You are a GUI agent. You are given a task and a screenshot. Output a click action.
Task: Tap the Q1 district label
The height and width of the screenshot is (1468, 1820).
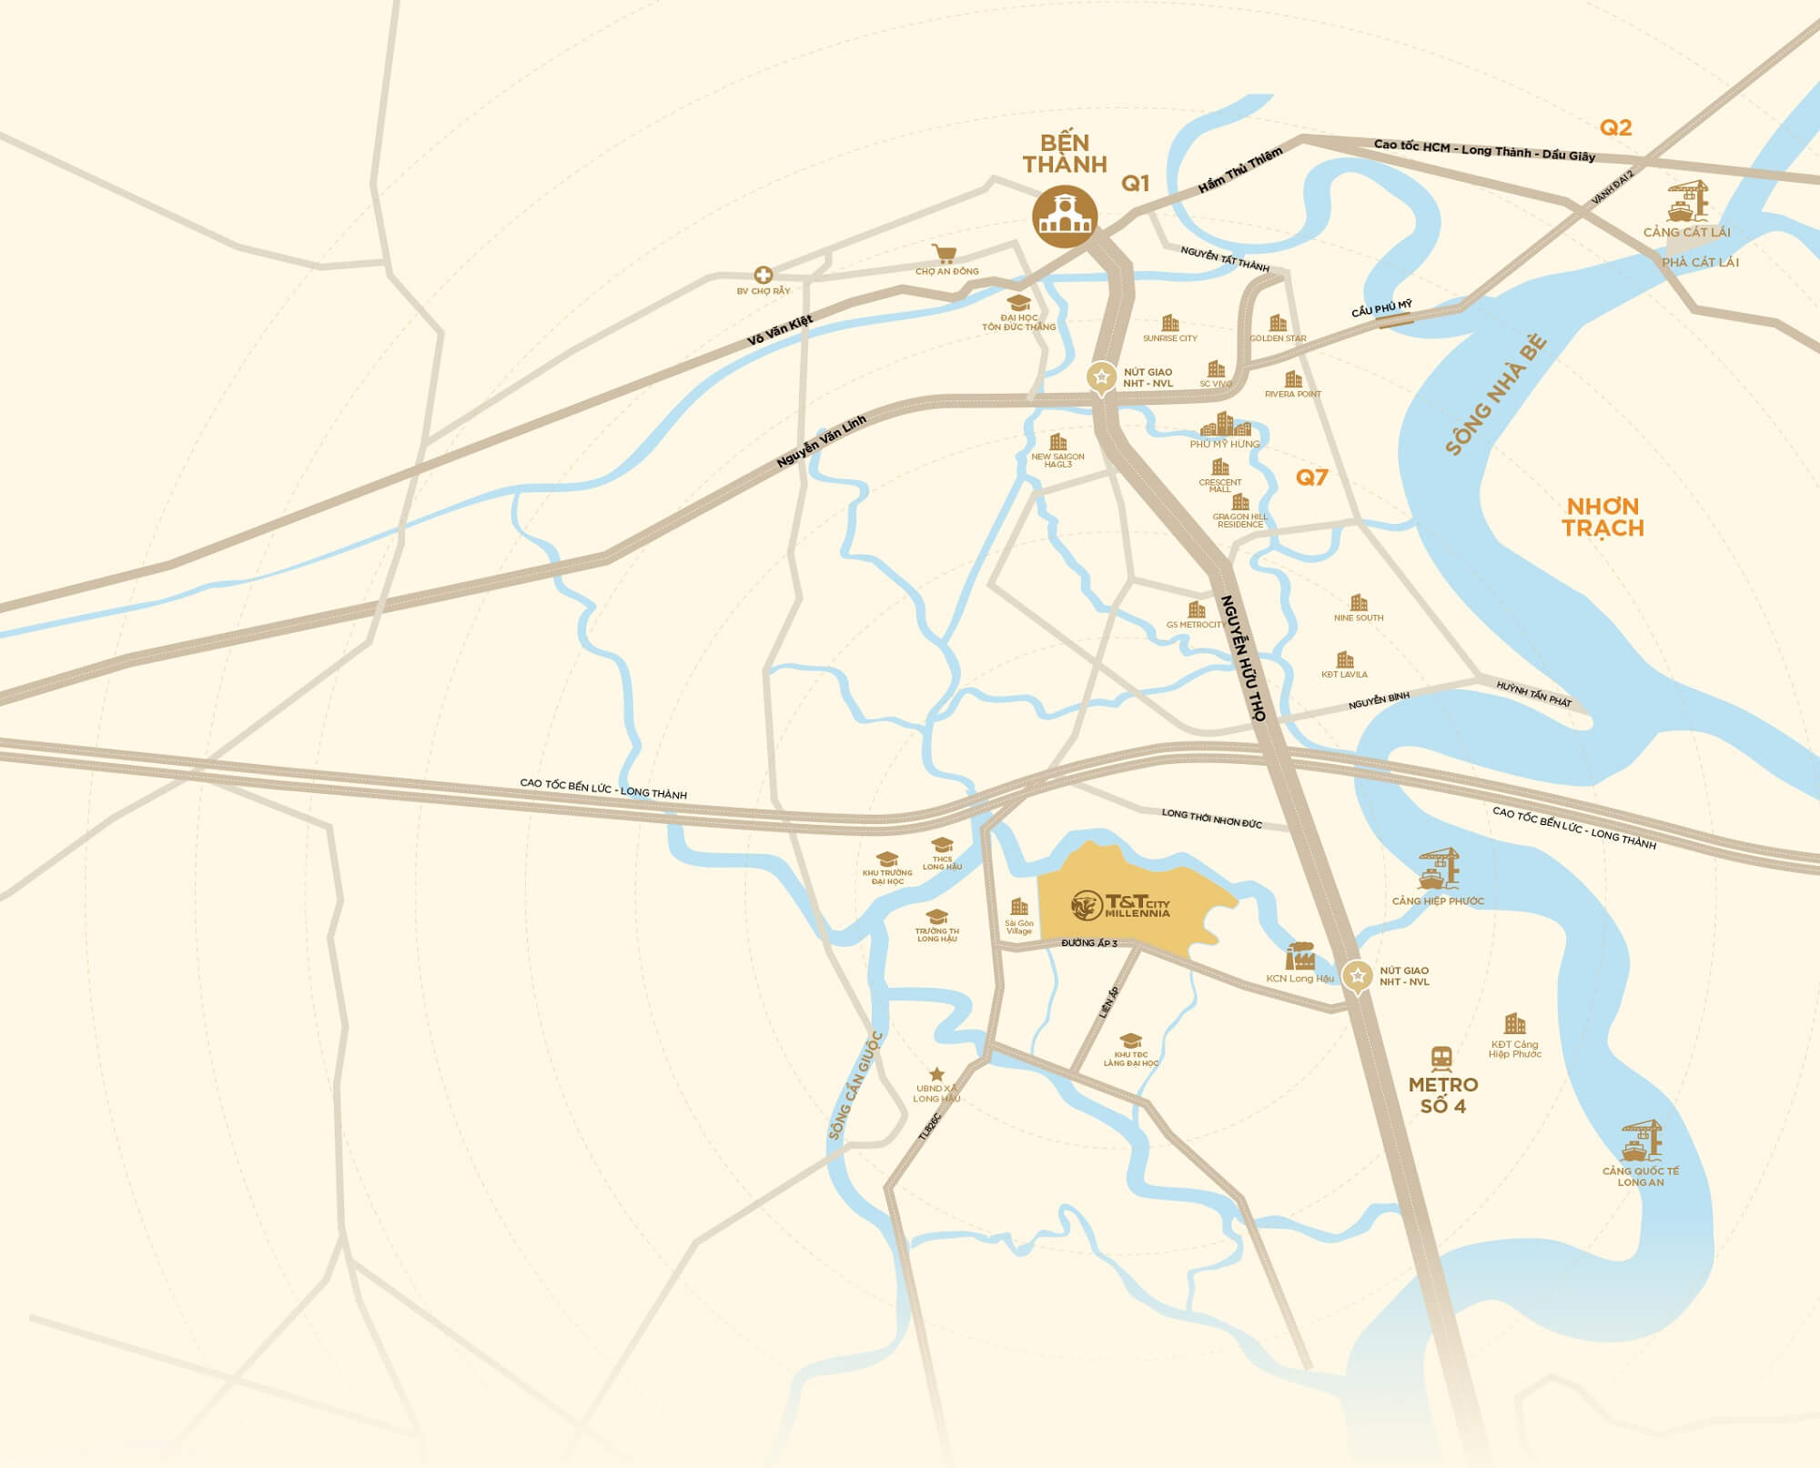coord(1135,184)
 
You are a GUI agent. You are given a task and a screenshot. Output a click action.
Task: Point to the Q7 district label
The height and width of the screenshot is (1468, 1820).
coord(1312,478)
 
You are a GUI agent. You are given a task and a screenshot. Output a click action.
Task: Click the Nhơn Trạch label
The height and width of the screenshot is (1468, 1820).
coord(1603,518)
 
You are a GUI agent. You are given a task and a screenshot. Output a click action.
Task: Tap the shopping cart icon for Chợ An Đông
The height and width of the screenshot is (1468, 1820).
coord(945,254)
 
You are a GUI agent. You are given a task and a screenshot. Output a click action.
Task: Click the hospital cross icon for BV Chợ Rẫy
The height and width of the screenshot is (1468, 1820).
coord(763,275)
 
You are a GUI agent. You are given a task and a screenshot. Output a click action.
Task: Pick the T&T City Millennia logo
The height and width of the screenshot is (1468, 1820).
coord(1120,904)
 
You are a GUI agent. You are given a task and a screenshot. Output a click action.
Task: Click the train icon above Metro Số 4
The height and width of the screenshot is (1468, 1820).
coord(1441,1058)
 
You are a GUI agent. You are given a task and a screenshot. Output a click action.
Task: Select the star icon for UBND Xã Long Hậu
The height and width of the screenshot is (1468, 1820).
coord(936,1075)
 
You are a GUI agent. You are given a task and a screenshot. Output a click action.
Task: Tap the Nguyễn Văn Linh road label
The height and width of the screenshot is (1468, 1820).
coord(822,442)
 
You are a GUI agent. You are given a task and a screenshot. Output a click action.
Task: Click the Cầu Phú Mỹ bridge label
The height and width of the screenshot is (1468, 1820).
coord(1381,309)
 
